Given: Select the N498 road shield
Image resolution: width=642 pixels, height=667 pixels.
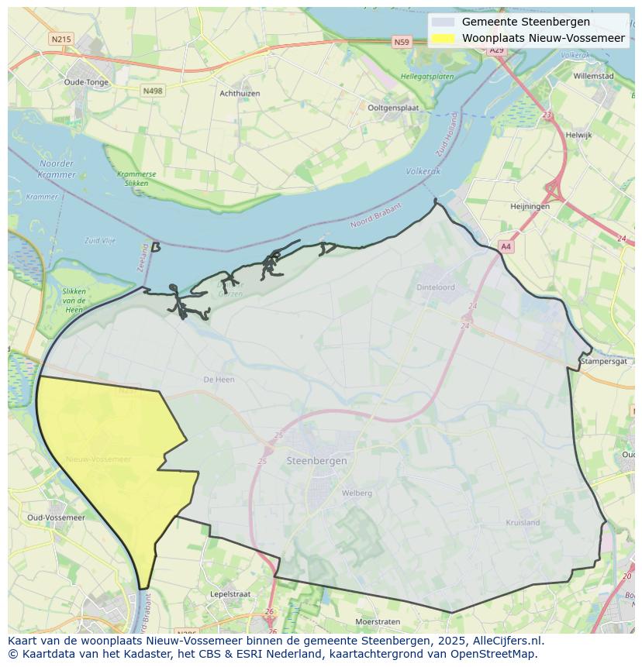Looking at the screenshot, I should click(x=153, y=91).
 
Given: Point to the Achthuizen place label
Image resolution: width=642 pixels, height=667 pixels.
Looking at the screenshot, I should click(x=240, y=93).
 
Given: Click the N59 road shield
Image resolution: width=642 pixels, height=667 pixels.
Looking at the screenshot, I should click(x=401, y=43).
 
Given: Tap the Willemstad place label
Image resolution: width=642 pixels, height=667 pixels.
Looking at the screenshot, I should click(x=593, y=76).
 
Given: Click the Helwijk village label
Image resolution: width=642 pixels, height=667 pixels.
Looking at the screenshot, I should click(x=578, y=135).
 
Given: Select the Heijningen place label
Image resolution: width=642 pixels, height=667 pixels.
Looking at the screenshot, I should click(x=530, y=206).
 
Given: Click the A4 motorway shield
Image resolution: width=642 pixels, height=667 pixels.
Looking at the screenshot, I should click(x=506, y=246).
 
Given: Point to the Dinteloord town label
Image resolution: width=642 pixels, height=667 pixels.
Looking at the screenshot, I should click(x=436, y=287).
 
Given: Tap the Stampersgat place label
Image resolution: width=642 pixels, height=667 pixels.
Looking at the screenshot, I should click(x=604, y=361).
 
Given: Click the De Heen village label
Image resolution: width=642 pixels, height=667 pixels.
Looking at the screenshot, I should click(x=219, y=380).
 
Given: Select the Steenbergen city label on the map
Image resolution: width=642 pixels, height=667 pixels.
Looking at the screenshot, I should click(x=316, y=460).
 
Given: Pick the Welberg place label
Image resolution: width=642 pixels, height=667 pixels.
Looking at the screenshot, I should click(x=357, y=493).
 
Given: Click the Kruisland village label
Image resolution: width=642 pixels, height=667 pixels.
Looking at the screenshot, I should click(x=523, y=522).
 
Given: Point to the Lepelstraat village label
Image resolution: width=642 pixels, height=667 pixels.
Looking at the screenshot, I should click(x=230, y=594).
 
